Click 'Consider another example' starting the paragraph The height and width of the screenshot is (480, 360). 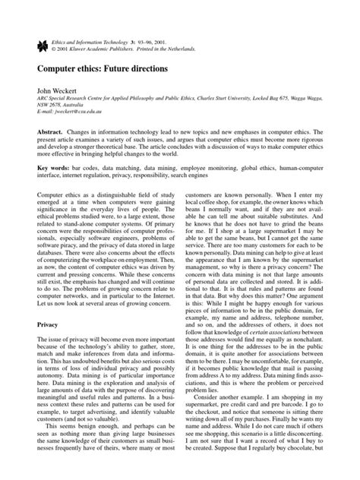point(233,418)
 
